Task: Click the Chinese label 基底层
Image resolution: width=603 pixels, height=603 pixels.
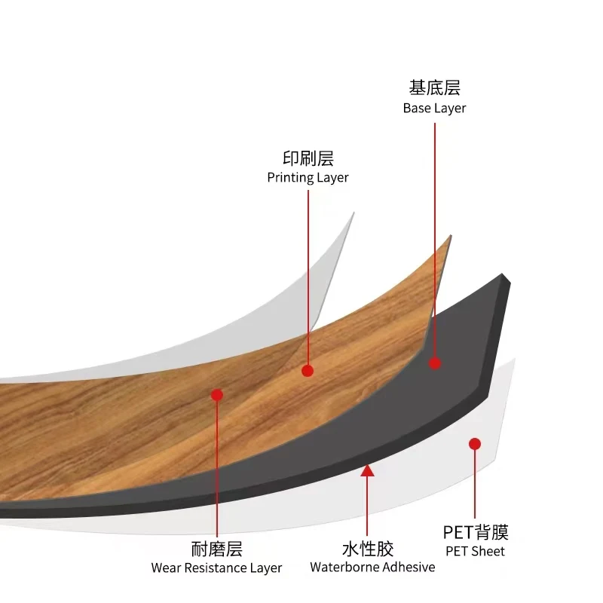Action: (434, 88)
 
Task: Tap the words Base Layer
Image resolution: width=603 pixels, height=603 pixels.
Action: (434, 108)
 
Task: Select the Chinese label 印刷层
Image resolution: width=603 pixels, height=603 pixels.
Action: (308, 158)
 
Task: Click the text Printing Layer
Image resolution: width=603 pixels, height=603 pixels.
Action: (308, 178)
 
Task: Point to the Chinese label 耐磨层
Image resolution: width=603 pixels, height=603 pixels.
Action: (217, 549)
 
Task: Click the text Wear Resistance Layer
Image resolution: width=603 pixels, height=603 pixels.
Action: (217, 568)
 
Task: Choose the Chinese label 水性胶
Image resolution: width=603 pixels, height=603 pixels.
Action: (368, 549)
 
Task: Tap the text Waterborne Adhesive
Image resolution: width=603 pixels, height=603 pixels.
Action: (372, 567)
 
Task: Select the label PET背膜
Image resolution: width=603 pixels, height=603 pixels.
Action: (475, 532)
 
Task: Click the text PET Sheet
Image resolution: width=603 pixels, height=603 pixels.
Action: (475, 551)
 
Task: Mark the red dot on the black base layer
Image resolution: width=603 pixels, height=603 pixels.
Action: (435, 363)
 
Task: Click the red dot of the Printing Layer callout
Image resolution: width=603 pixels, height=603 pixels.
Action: (308, 370)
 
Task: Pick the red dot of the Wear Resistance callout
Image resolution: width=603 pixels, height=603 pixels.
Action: (217, 395)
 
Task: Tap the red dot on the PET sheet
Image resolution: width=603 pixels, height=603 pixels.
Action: (475, 444)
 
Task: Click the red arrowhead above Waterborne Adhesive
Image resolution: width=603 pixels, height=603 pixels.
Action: (367, 471)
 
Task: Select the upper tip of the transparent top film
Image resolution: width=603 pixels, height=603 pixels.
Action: (353, 214)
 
